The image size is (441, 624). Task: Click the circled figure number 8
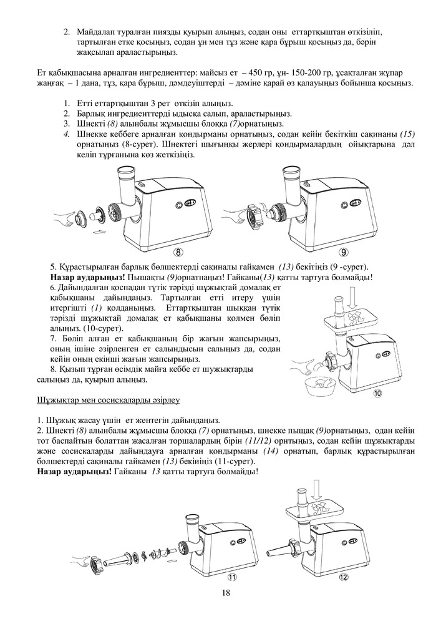[x=179, y=253]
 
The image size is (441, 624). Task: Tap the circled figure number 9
[x=344, y=253]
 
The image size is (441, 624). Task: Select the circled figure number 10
[x=377, y=393]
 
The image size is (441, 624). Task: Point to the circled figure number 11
[x=233, y=576]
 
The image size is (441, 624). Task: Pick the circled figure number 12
[x=344, y=577]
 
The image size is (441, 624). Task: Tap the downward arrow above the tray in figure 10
[x=354, y=298]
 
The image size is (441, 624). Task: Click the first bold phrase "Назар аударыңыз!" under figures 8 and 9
[x=82, y=277]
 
